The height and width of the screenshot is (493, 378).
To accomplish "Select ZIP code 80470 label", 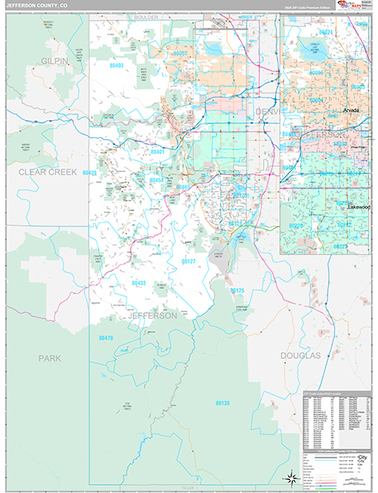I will tap(106, 338).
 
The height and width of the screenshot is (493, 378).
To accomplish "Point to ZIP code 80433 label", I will tap(139, 283).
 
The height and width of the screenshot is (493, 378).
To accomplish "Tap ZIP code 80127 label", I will tap(188, 260).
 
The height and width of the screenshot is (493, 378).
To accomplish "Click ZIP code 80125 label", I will tap(237, 291).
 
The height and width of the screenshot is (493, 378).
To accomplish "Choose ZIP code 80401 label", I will tap(158, 152).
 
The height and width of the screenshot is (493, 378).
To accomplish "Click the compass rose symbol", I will tap(291, 477).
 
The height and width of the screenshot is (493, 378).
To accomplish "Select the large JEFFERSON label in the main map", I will tap(152, 316).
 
